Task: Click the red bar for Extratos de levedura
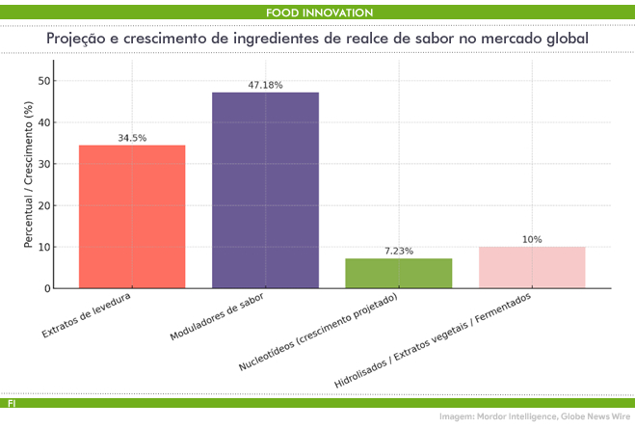pos(132,216)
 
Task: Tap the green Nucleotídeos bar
pos(398,273)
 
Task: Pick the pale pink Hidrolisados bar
pos(532,267)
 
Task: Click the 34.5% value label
pos(132,138)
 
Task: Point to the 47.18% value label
pos(265,86)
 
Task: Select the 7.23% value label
pos(398,252)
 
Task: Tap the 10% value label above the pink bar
pos(532,240)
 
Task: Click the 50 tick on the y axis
pos(44,81)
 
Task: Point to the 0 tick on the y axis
pos(47,288)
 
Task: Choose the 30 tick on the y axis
pos(44,164)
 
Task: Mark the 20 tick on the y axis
pos(44,205)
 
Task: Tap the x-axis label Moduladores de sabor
pos(217,319)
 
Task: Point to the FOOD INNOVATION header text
pos(319,13)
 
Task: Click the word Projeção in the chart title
pos(79,38)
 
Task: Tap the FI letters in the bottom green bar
pos(12,402)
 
